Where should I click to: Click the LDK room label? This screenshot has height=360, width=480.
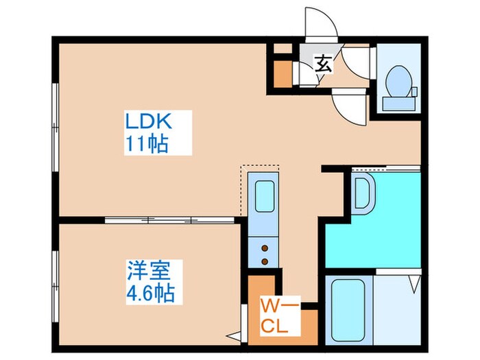[x=149, y=121]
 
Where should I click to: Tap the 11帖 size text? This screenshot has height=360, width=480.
[x=147, y=143]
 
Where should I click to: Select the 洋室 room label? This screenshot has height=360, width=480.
[x=149, y=270]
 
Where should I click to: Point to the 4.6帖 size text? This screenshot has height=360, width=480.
[x=151, y=293]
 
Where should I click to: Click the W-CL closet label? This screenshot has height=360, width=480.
[x=279, y=316]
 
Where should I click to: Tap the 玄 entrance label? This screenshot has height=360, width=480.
[x=324, y=63]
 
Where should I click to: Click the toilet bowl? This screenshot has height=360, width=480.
[x=398, y=81]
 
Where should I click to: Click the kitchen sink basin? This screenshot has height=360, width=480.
[x=265, y=196]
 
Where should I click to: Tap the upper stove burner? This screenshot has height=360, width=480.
[x=265, y=248]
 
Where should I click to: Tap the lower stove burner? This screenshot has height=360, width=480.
[x=265, y=261]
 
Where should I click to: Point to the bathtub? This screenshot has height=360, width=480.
[x=348, y=310]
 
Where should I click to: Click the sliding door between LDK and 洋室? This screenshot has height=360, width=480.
[x=169, y=220]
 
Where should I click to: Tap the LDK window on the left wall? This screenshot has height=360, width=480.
[x=55, y=127]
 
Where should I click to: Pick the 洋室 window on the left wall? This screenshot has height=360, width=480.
[x=55, y=287]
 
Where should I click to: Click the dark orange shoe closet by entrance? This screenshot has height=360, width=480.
[x=283, y=74]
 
